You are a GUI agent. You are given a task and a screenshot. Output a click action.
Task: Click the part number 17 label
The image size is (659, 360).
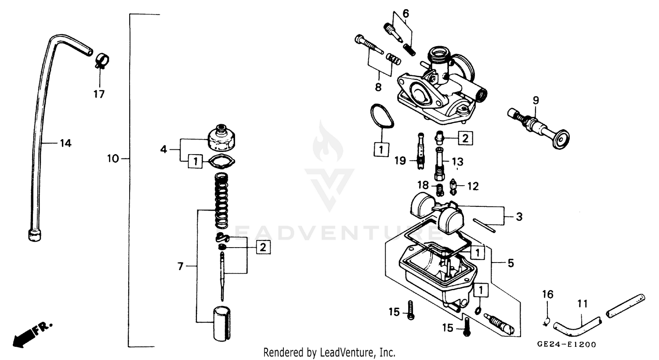(x=99, y=94)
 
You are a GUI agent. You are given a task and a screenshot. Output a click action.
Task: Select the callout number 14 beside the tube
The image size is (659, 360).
(x=65, y=143)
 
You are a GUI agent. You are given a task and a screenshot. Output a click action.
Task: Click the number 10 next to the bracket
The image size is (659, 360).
(x=113, y=158)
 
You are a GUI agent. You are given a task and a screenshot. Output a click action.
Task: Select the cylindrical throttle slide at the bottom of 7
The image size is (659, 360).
(x=222, y=324)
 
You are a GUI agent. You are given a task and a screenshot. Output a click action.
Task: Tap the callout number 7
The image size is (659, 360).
(x=180, y=266)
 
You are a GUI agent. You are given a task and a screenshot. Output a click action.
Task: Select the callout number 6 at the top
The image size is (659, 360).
(x=406, y=14)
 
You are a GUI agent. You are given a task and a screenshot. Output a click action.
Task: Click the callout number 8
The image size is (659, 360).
(x=378, y=87)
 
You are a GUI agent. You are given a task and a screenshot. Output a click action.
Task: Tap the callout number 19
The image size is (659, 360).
(x=400, y=161)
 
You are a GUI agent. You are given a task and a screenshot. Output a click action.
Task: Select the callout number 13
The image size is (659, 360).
(x=457, y=161)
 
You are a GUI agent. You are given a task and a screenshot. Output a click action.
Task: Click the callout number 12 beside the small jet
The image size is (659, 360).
(x=473, y=187)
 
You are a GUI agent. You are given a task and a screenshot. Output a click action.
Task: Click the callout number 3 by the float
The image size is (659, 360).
(x=519, y=217)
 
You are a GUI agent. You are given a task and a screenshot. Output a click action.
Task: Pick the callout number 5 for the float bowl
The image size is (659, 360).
(x=511, y=263)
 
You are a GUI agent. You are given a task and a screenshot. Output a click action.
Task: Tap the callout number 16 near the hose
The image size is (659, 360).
(x=547, y=294)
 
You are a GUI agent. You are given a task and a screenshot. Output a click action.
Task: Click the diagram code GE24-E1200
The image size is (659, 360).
(x=566, y=345)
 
